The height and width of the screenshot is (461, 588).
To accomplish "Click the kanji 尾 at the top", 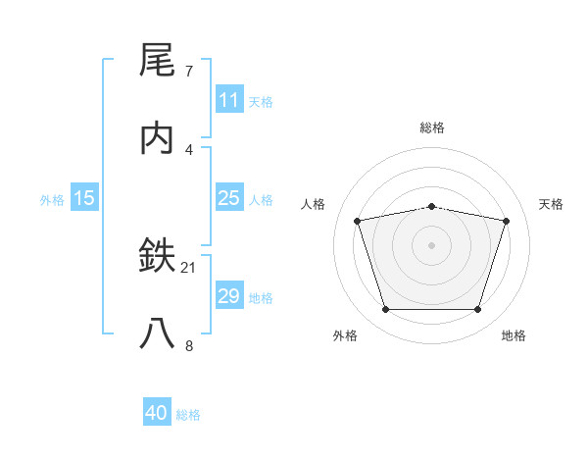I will click(158, 62).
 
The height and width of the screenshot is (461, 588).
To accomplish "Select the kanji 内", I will click(158, 138).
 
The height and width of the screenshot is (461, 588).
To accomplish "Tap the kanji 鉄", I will click(158, 256).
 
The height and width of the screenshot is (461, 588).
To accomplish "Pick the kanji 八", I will click(158, 333).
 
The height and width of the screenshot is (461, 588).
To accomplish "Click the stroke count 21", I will click(189, 267).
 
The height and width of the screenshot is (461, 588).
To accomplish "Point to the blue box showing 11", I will click(229, 100).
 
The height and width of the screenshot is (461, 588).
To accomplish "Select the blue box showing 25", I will click(229, 198).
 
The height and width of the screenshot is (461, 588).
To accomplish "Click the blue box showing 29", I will click(229, 296).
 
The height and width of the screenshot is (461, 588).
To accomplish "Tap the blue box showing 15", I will click(84, 198).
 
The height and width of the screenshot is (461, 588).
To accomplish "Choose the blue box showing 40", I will click(157, 413).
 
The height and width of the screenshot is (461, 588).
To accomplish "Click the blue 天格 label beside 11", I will click(261, 101).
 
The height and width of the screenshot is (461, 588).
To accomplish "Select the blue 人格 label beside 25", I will click(261, 199).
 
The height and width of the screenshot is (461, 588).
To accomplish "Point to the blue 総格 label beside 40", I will click(188, 414).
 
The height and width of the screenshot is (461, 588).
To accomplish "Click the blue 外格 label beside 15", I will click(52, 199).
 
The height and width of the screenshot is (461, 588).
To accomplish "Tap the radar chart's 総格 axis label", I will click(432, 128).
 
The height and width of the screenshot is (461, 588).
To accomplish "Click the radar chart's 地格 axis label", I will click(514, 335).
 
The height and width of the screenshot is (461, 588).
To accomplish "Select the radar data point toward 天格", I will click(507, 221).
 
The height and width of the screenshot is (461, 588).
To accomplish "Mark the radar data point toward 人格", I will click(358, 221).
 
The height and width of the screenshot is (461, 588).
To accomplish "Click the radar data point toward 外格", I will click(385, 310).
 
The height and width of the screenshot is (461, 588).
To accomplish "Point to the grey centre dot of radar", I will click(432, 245).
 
